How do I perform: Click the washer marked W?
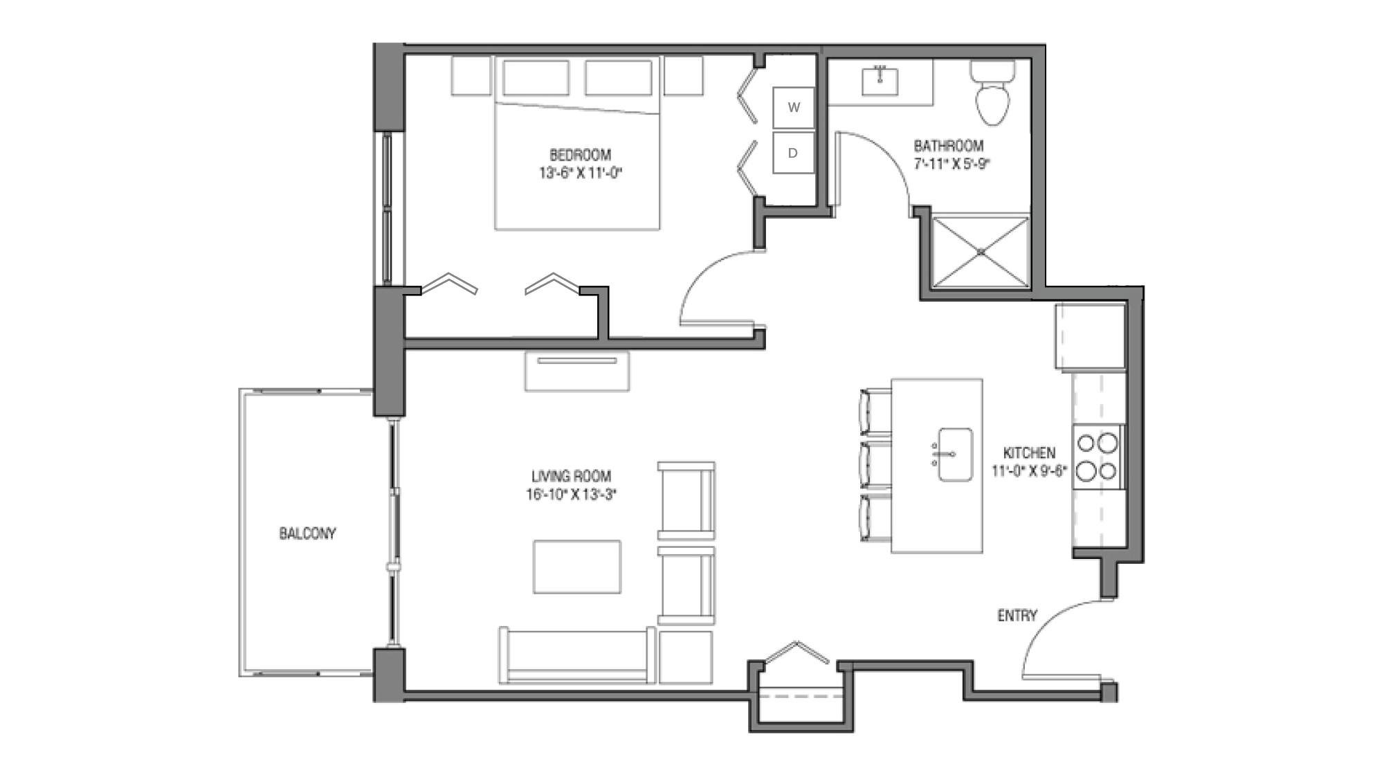[793, 107]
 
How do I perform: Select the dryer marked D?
[793, 153]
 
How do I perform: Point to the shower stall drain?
[981, 252]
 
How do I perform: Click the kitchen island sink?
[955, 454]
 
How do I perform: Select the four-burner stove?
[1098, 457]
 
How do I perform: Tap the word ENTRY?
[1017, 615]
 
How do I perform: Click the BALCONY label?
[307, 533]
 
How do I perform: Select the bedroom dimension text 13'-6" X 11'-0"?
[581, 173]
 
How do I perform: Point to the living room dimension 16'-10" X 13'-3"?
[571, 495]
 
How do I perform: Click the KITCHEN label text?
[1029, 453]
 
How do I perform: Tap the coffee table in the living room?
[576, 567]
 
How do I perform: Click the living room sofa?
[576, 656]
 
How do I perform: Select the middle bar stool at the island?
[875, 464]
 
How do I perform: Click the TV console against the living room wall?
[576, 372]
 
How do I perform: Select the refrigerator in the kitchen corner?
[1090, 336]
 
